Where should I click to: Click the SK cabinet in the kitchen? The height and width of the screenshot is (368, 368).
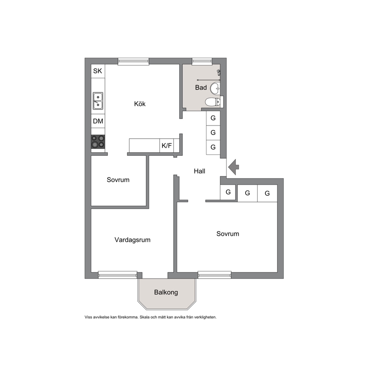pos(98,71)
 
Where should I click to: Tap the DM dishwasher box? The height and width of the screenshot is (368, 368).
pos(98,121)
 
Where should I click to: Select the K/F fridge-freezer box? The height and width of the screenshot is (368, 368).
pos(167,145)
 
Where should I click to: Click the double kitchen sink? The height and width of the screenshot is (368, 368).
pos(98,101)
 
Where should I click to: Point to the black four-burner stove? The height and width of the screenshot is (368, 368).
pos(98,142)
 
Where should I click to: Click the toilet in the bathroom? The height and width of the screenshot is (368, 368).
pos(213,102)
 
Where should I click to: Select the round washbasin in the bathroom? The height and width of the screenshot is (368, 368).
pos(215,89)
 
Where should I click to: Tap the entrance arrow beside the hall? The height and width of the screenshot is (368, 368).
pos(233,167)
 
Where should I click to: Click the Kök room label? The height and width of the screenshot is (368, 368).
pos(140,104)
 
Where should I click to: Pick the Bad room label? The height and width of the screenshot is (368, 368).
pos(201,88)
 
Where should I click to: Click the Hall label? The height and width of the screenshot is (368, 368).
pos(200,171)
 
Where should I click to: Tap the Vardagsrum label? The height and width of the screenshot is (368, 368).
pos(132,240)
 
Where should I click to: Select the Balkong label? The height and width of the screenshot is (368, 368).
pos(166,292)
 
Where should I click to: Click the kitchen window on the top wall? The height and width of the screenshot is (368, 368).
pos(133,61)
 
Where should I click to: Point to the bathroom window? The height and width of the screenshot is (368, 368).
pos(202,61)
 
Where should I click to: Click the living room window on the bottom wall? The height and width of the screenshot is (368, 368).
pos(118,275)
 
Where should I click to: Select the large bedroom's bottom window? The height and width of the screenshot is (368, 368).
pos(214,275)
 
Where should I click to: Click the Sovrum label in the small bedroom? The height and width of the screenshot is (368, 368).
pos(118,180)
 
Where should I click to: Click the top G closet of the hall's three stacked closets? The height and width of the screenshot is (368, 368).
pos(213,118)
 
